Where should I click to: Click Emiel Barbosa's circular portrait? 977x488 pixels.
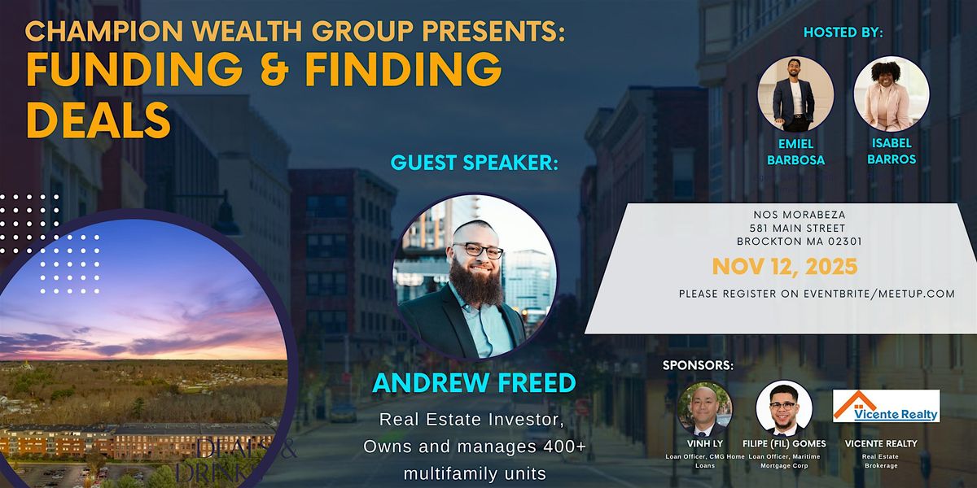click(795, 94)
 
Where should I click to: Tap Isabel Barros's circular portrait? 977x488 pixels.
click(892, 94)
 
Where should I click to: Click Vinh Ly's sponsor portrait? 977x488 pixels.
click(705, 408)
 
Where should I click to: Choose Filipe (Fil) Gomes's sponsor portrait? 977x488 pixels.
click(783, 408)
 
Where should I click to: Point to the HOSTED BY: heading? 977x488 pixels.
click(843, 33)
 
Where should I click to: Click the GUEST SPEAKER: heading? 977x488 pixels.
click(475, 162)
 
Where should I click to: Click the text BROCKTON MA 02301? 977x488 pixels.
click(799, 242)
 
